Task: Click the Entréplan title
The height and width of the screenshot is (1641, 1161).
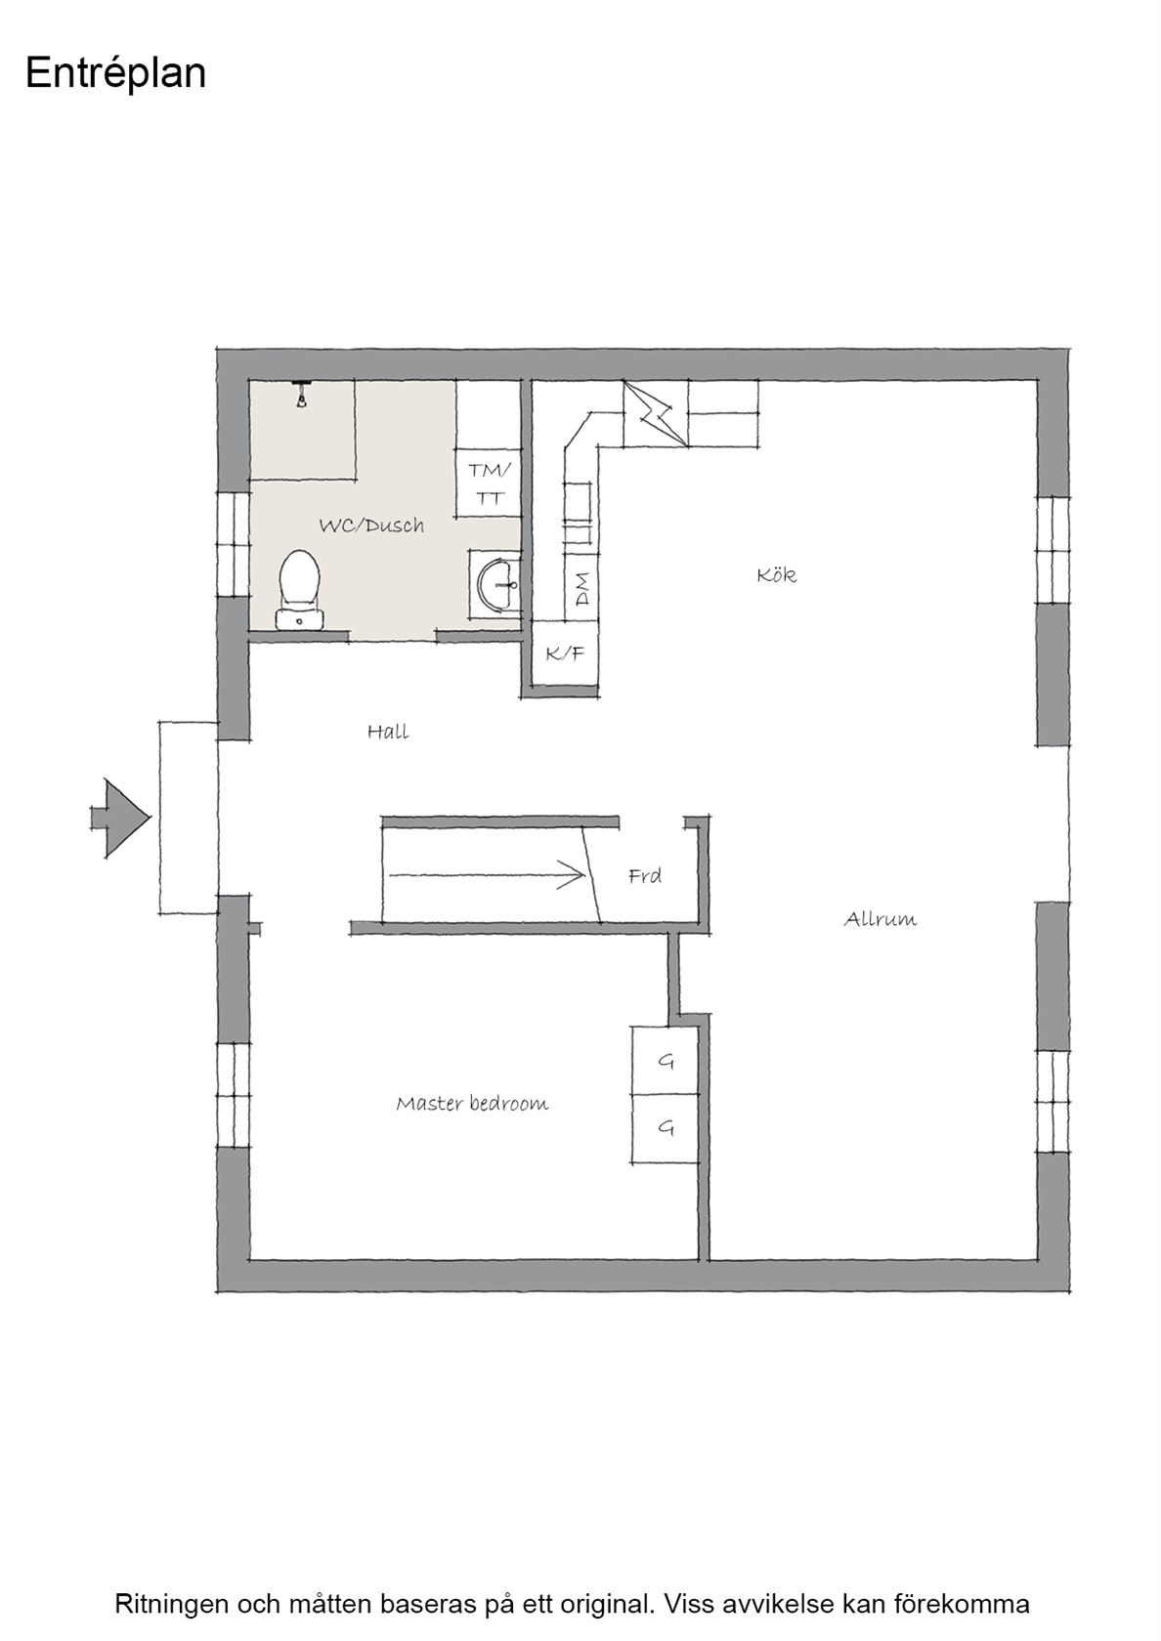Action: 115,74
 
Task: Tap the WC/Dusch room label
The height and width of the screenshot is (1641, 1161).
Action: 371,525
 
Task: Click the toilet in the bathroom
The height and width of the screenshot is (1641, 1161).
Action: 299,590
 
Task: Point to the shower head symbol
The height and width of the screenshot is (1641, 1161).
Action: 301,395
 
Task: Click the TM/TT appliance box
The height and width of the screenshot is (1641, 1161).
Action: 489,483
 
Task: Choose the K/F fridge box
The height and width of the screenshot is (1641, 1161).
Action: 565,652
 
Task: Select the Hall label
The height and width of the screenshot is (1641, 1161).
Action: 388,731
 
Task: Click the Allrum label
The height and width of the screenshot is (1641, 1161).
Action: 881,918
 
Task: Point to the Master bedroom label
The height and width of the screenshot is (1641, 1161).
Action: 472,1103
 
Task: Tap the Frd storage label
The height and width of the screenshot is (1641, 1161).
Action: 645,875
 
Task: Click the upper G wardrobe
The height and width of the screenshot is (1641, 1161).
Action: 665,1060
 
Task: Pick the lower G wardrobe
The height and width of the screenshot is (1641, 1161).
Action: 665,1128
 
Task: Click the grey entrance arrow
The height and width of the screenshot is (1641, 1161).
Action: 121,818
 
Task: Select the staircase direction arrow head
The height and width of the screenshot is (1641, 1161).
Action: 573,875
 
